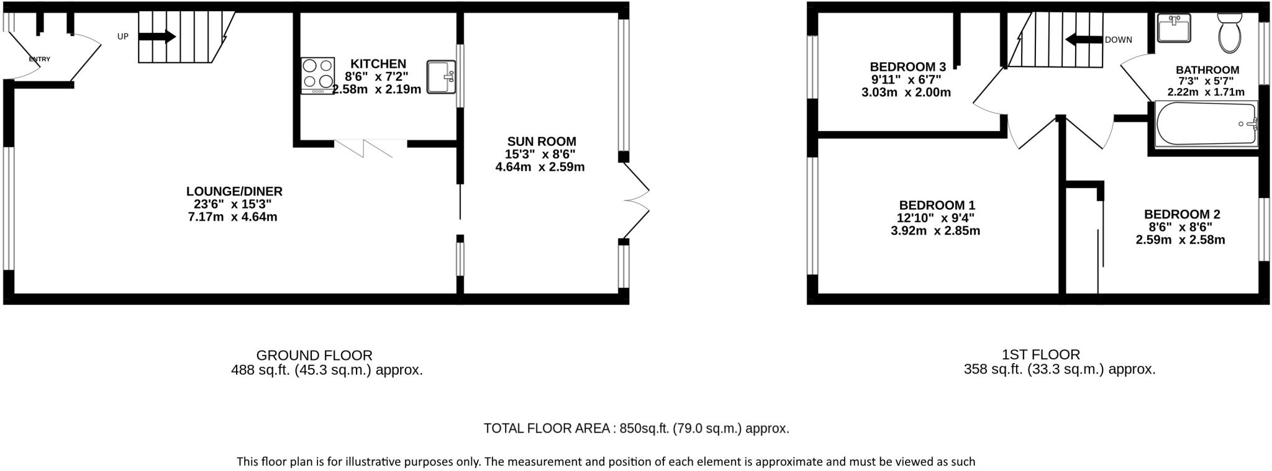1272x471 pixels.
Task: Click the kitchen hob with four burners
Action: point(317,75)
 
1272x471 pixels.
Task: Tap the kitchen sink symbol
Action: point(442,77)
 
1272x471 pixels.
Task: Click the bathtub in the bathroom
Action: point(1206,124)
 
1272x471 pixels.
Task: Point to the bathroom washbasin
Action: point(1174,28)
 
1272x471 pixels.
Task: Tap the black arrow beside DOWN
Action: point(1084,40)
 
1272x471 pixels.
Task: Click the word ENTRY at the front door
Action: point(40,60)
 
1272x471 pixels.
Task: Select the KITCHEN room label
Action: point(378,64)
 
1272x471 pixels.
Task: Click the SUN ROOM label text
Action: point(541,141)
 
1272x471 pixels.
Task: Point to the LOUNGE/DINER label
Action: point(234,191)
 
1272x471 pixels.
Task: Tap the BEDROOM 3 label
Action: point(907,67)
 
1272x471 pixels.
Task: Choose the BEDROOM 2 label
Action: point(1182,214)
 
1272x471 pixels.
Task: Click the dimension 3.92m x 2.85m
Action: point(935,231)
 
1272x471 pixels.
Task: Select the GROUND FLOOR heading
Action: point(314,356)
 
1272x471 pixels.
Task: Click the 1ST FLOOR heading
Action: point(1040,354)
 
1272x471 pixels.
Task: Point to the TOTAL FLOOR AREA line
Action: point(636,428)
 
